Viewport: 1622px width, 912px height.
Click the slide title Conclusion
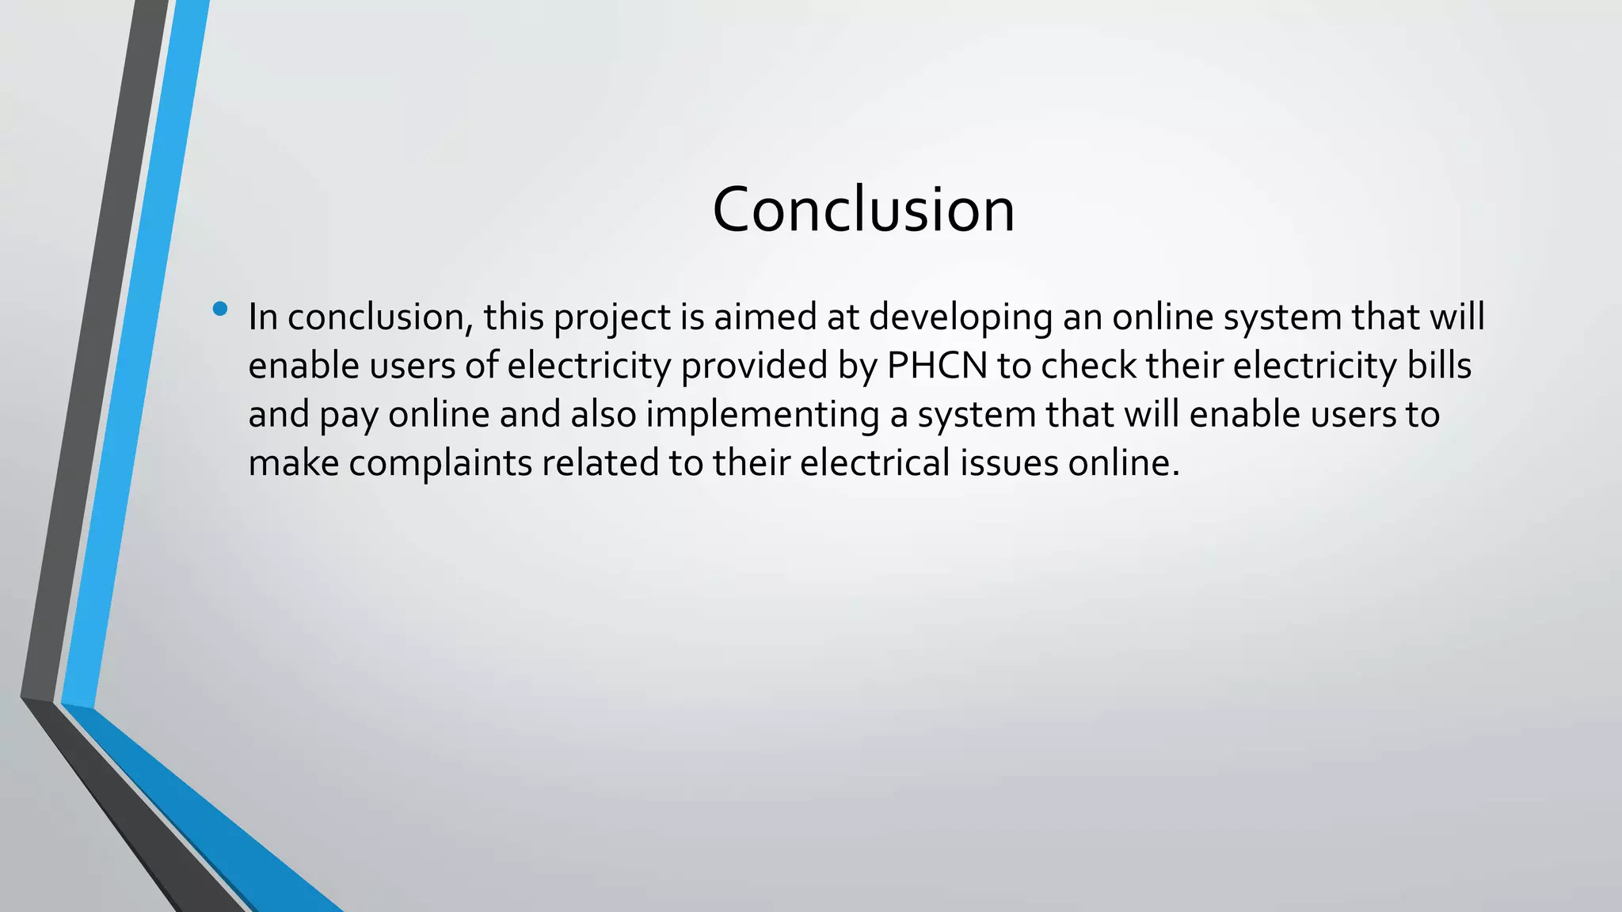click(x=863, y=210)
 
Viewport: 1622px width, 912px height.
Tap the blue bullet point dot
click(x=220, y=308)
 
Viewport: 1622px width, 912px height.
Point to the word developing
click(x=961, y=317)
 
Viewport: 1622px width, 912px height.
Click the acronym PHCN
click(x=937, y=366)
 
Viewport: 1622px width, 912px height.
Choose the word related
click(x=600, y=463)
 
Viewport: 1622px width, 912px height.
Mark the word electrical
click(x=874, y=463)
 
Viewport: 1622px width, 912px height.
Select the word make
click(x=294, y=463)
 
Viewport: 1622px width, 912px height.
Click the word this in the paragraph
click(x=514, y=317)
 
